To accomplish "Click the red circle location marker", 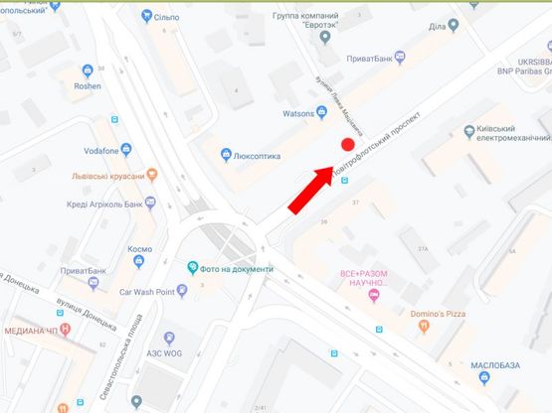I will coord(348,145).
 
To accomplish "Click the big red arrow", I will coord(309,190).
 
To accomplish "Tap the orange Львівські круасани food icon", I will coord(151,175).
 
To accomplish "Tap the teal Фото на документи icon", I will coord(193,268).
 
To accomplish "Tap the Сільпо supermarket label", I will coord(163,16).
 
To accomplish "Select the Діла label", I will coord(438,26).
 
